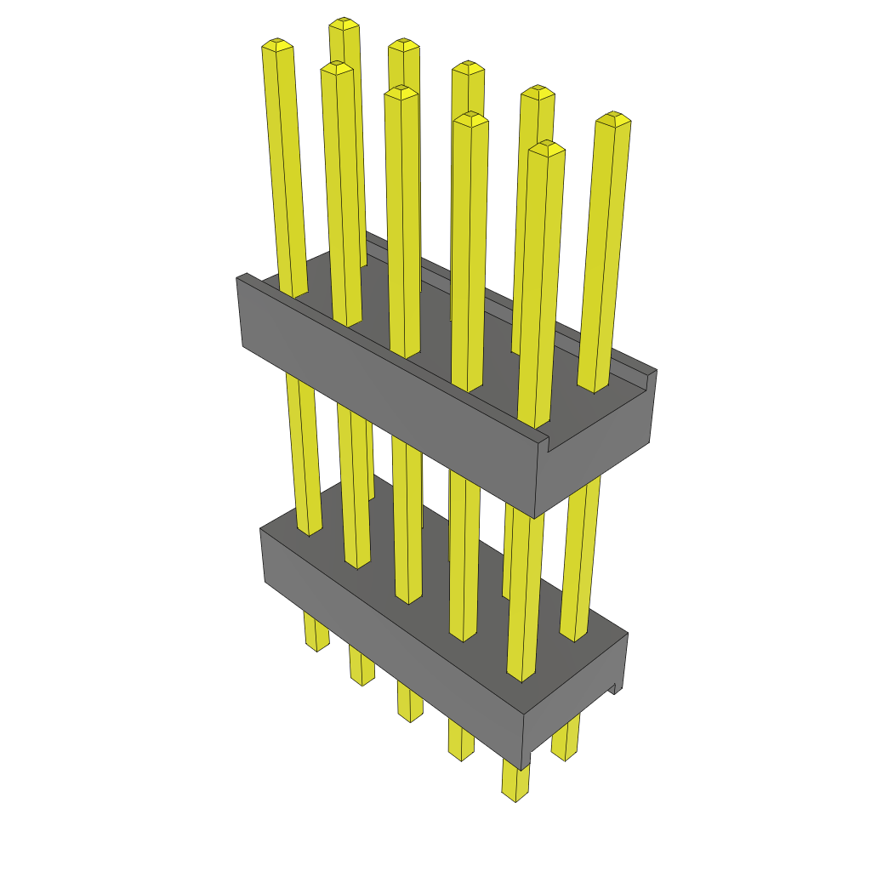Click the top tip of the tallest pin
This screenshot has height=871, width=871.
tap(343, 22)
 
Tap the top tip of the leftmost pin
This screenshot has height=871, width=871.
tap(277, 43)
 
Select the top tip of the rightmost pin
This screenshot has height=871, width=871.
tap(613, 117)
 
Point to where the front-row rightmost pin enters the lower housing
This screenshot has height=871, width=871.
tap(522, 676)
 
